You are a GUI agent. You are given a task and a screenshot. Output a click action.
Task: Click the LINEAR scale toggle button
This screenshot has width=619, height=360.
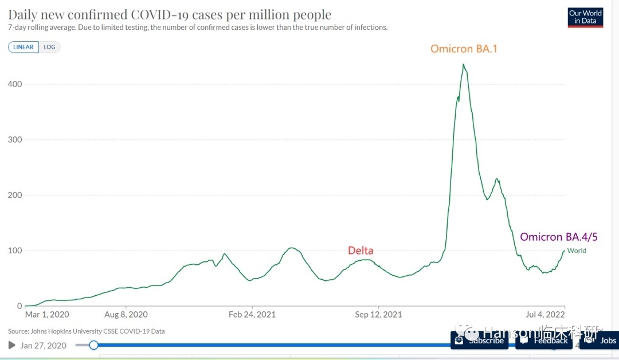tap(23, 47)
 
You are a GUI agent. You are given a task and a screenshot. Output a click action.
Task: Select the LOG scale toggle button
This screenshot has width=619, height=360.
tap(50, 47)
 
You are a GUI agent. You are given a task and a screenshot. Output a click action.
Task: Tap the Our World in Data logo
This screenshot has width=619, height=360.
tap(585, 17)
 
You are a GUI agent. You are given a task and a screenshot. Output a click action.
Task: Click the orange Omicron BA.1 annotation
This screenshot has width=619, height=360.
tap(464, 49)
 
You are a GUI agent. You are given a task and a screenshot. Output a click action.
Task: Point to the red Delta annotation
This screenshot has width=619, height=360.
tap(361, 250)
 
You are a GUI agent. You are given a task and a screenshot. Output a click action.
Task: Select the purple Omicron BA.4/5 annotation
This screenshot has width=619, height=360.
tap(559, 237)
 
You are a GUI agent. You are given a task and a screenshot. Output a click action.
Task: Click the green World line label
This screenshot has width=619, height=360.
tap(577, 251)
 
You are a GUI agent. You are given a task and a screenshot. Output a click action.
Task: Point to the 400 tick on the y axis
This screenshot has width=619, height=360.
tap(15, 84)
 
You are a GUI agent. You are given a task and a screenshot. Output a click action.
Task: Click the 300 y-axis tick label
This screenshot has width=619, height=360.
tap(15, 140)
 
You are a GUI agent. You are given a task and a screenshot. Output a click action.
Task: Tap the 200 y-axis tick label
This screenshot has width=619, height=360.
tap(15, 195)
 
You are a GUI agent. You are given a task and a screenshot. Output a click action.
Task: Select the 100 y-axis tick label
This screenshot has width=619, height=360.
tap(15, 251)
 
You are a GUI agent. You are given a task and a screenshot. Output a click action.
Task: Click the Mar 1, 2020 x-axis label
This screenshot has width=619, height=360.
tap(47, 315)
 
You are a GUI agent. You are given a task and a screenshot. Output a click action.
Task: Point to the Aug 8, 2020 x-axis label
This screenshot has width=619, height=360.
tap(126, 315)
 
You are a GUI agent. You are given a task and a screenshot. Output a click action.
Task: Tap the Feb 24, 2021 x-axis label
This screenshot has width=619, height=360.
tap(252, 315)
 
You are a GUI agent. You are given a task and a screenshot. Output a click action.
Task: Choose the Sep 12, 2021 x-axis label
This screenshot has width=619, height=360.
tap(378, 315)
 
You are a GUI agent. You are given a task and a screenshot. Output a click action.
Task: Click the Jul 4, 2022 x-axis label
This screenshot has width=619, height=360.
tap(546, 315)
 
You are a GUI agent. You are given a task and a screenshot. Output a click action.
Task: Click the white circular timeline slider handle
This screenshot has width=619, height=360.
tap(93, 345)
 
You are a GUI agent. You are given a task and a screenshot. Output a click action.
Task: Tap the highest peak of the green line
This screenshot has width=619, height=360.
tap(463, 64)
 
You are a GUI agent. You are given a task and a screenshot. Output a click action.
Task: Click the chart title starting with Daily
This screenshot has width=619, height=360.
tap(170, 14)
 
